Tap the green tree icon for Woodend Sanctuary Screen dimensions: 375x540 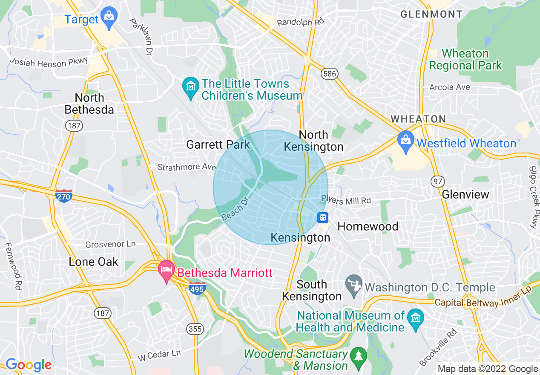[358, 356]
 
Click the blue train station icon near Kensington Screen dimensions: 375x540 [323, 218]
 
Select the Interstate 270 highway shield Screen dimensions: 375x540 [63, 196]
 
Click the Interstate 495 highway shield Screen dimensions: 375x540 [197, 288]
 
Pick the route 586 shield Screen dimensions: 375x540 [330, 74]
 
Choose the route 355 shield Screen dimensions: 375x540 [195, 329]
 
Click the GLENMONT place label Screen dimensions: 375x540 [431, 14]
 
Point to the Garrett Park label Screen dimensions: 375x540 [218, 145]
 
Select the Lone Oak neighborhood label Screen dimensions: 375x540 [94, 262]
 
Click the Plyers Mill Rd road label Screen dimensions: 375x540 [346, 200]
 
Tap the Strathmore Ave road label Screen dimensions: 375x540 [187, 167]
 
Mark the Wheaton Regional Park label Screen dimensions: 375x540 [465, 60]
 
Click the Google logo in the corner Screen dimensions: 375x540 [28, 365]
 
